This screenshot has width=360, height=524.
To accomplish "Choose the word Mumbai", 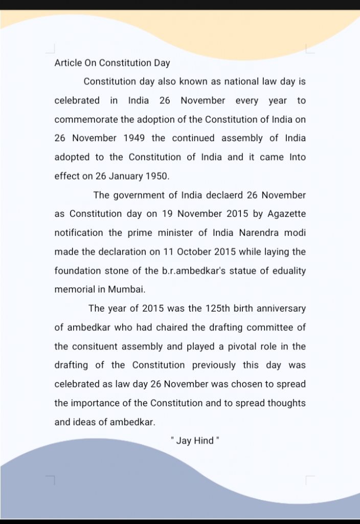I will (x=126, y=290).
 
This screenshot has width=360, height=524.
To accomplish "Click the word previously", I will (x=214, y=365).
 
